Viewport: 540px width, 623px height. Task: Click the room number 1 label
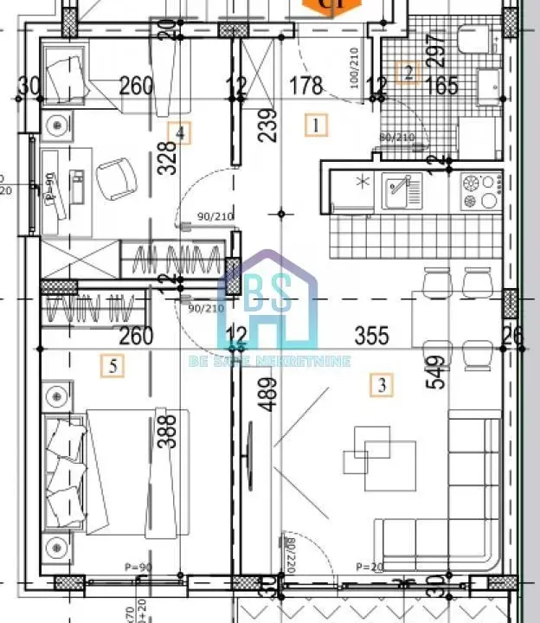click(x=318, y=125)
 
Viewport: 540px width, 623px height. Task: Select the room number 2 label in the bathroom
click(x=408, y=73)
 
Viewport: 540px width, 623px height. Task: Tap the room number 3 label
click(x=381, y=382)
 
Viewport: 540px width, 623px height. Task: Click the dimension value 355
click(x=371, y=335)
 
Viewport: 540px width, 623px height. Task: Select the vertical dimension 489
click(x=268, y=396)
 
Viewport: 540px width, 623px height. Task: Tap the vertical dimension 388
click(x=170, y=429)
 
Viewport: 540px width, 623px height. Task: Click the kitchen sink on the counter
click(x=402, y=188)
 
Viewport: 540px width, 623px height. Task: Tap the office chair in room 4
click(x=117, y=177)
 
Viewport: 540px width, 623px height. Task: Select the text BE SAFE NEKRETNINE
click(x=269, y=360)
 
